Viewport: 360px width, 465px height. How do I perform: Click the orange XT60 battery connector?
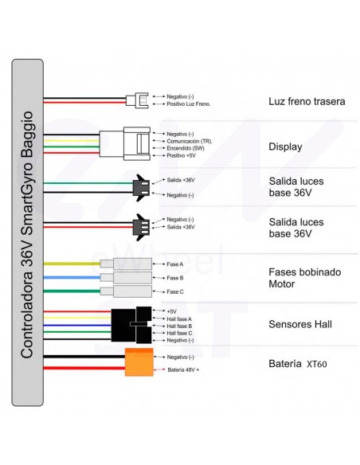[139, 362]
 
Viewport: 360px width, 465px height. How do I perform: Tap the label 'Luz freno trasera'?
[307, 101]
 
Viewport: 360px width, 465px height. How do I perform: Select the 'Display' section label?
[285, 147]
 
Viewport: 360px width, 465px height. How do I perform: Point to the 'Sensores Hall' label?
[300, 324]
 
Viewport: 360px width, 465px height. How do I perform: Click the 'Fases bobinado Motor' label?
[304, 278]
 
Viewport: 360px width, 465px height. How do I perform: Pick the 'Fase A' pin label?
[175, 264]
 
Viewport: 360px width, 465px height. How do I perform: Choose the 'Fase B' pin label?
[175, 278]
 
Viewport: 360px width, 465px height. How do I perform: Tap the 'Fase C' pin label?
[175, 291]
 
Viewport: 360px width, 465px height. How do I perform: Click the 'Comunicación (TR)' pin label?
[190, 141]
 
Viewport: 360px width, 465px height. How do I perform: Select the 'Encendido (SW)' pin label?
[186, 148]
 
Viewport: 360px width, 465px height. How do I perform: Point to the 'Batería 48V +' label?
[183, 369]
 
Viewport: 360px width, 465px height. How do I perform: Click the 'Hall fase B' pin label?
[179, 326]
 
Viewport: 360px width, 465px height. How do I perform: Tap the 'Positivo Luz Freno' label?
[188, 104]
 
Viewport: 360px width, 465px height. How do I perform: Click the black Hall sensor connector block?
[131, 325]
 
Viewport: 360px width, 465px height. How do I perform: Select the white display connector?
[125, 144]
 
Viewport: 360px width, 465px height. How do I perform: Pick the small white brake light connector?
[137, 100]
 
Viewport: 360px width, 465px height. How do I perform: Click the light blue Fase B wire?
[72, 278]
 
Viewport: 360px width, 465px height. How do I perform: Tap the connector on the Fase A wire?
[126, 264]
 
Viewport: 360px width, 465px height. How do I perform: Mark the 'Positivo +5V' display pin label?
[181, 155]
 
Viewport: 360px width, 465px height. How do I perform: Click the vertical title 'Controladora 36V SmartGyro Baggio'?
[27, 235]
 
